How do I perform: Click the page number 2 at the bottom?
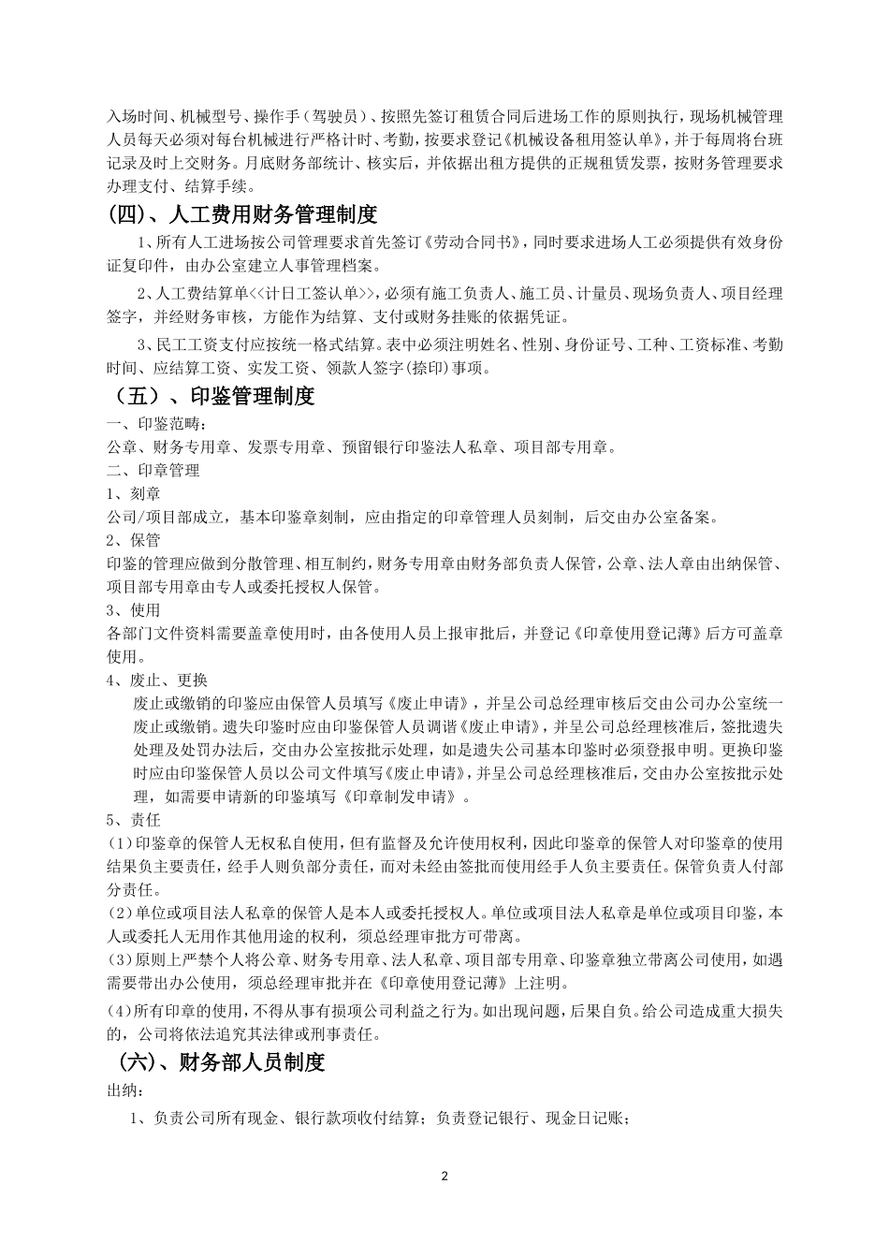tap(444, 1176)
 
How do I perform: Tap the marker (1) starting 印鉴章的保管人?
tap(122, 842)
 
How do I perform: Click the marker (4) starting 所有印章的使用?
tap(122, 1011)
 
